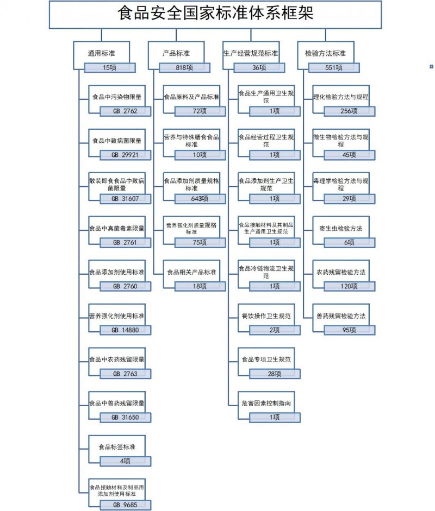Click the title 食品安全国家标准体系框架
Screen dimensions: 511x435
pos(215,13)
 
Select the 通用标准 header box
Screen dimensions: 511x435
pos(101,53)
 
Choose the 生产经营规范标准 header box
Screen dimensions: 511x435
pos(251,53)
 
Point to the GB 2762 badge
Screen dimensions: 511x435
pos(125,111)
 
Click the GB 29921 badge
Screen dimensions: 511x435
pos(125,155)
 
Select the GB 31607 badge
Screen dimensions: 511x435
pos(125,199)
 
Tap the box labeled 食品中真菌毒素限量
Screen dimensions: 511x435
pos(117,228)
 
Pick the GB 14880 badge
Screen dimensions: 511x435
pos(125,330)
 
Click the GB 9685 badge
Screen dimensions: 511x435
pos(125,505)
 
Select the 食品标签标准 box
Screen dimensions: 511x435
pos(117,447)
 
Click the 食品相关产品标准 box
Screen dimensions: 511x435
pos(191,272)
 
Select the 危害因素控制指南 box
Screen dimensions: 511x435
pos(266,403)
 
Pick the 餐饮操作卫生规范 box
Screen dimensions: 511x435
pos(266,316)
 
